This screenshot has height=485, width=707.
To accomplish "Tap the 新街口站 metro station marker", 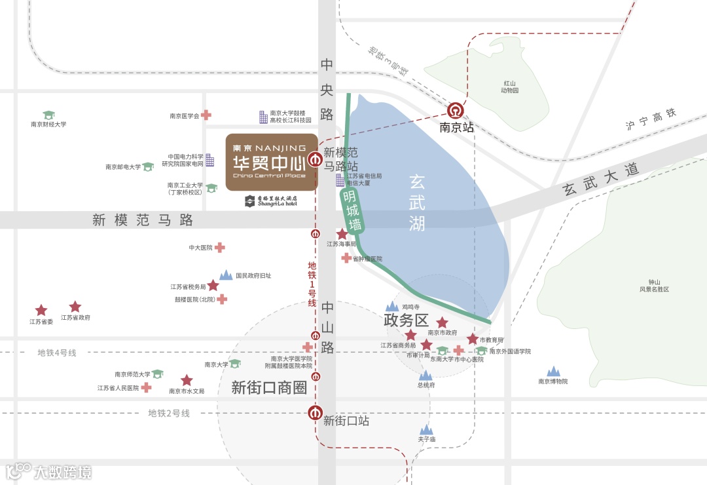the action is [316, 414].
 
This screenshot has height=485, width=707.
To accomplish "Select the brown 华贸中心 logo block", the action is [272, 162].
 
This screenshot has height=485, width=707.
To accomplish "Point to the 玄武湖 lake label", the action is [418, 201].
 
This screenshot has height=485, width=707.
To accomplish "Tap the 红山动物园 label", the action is [510, 87].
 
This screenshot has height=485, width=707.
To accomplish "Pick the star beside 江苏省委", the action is [41, 310].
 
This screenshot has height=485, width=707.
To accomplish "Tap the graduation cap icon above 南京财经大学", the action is [48, 115].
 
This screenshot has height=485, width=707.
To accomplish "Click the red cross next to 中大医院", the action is [220, 248].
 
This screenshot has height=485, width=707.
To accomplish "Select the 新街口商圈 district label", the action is [269, 388].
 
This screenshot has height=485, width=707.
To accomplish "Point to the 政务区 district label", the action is [405, 320].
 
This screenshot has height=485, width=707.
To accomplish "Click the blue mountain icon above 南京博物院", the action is [554, 372].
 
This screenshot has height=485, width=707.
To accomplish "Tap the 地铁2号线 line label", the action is [169, 414].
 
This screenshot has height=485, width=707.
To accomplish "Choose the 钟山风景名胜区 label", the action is [655, 286].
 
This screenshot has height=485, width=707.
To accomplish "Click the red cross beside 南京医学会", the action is [206, 115].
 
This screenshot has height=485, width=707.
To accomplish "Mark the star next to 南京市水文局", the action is [187, 380].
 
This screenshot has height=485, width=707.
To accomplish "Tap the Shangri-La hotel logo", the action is [271, 201].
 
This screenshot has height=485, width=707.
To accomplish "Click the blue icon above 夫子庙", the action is [427, 429].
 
